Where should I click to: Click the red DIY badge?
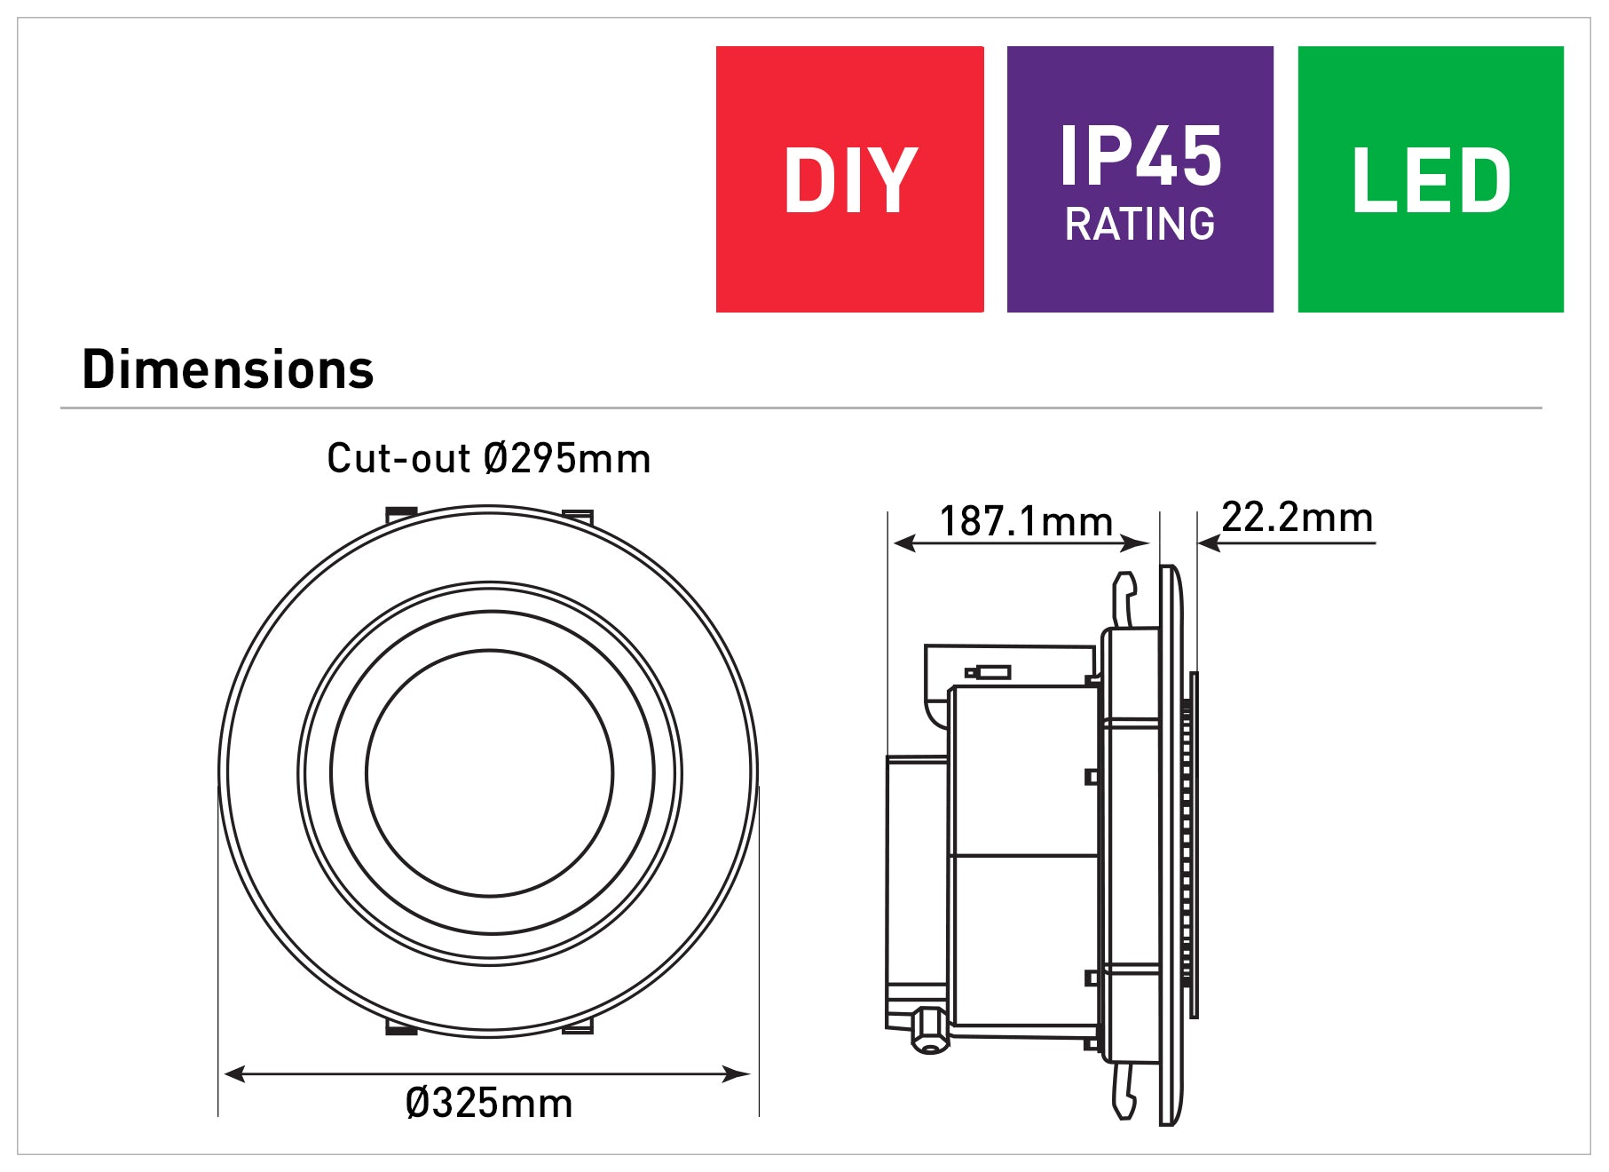pos(849,179)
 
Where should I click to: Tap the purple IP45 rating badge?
pos(1140,179)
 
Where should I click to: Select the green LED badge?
pos(1430,179)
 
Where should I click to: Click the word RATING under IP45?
pos(1140,224)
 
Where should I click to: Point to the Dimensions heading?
pos(228,369)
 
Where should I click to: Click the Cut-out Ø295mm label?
pos(488,459)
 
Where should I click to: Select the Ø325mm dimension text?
pos(488,1104)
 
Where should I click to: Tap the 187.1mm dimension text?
pos(1025,521)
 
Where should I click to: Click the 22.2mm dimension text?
pos(1297,517)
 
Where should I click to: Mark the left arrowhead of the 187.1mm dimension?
pos(903,542)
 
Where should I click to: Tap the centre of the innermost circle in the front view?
pos(489,772)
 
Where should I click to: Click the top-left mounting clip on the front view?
pos(401,513)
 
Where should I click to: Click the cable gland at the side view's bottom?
pos(929,1030)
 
